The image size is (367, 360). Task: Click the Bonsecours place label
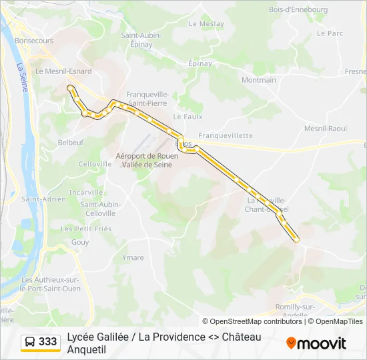(34, 41)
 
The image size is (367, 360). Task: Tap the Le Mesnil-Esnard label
(63, 71)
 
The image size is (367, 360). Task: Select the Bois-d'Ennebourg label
(298, 9)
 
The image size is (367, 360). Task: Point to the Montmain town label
(259, 80)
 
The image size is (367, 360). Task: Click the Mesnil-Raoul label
(325, 128)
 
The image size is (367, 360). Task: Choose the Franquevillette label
(226, 135)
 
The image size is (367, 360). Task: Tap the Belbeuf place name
(71, 142)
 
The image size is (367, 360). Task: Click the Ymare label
(133, 257)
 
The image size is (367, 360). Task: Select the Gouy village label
(80, 243)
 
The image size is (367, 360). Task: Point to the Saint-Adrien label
(44, 199)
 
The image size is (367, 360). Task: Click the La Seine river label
(23, 77)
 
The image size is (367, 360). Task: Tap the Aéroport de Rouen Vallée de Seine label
(147, 159)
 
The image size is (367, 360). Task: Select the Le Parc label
(330, 33)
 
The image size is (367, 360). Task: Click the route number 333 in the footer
(48, 341)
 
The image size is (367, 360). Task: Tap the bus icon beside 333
(30, 342)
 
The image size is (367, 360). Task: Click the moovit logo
(316, 343)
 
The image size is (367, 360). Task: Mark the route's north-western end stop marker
(69, 87)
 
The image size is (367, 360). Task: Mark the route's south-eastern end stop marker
(296, 239)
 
